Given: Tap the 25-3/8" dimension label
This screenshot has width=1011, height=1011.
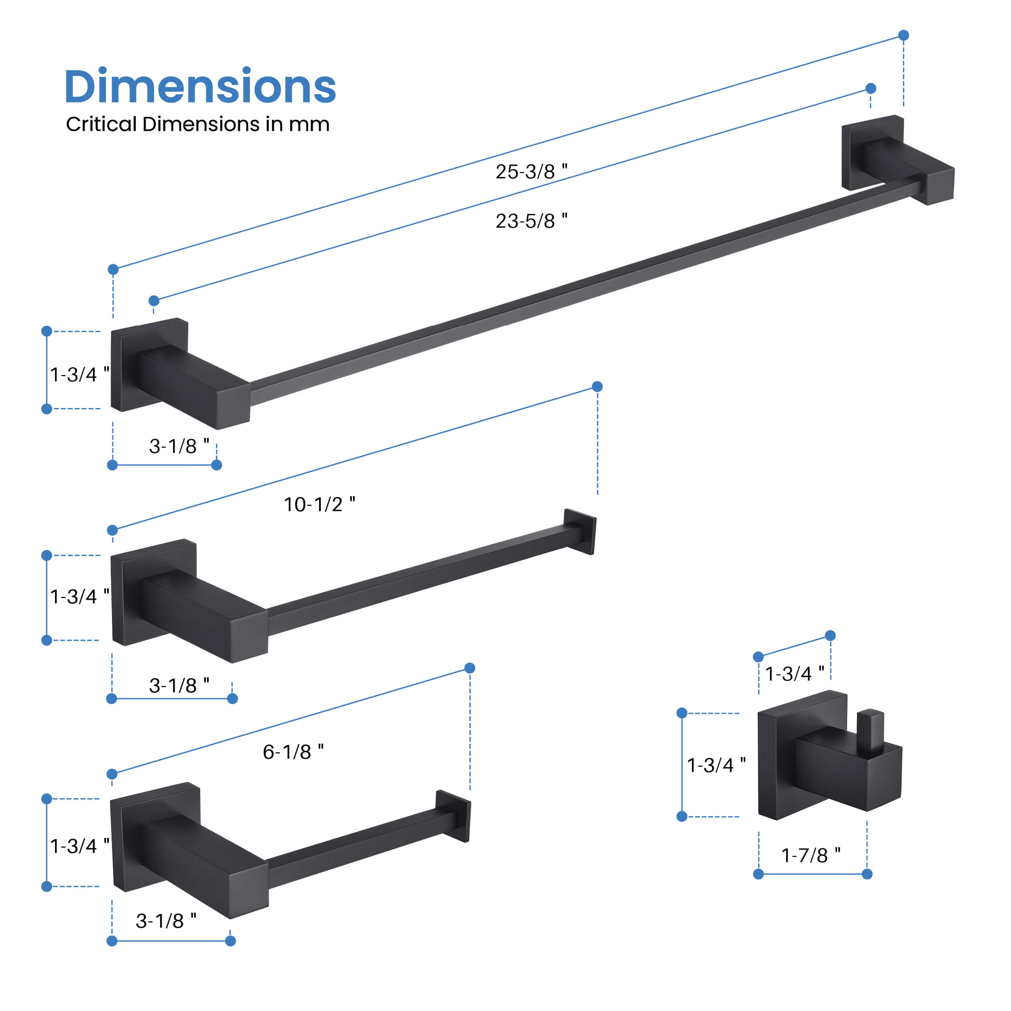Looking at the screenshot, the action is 531,171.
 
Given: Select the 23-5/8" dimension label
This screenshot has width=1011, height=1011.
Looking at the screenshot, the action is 531,220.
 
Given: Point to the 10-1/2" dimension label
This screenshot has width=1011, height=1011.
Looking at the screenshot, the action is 319,504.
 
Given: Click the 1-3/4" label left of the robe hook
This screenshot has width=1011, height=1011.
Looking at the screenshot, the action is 716,765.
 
